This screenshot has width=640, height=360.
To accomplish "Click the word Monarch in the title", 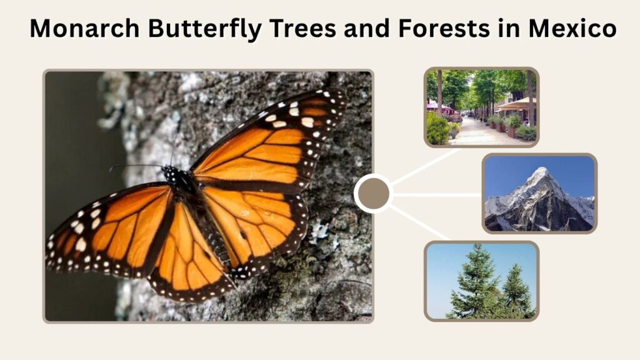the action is tap(85, 29).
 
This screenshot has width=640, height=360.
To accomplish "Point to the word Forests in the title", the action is tap(444, 29).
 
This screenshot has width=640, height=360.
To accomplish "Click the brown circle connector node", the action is tap(373, 194).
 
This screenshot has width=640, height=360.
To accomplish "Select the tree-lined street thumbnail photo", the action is tap(482, 107).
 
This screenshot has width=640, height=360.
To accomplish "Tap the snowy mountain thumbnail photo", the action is tap(539, 194).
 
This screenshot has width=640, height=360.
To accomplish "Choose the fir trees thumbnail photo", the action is tap(482, 281).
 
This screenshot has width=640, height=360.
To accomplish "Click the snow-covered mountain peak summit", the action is tap(542, 168).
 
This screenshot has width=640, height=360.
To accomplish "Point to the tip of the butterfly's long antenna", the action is tap(110, 168).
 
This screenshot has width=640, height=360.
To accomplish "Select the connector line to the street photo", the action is tap(426, 166).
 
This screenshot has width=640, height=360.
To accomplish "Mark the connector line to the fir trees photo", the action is tap(419, 222).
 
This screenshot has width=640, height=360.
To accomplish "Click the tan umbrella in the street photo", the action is tap(515, 104).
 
